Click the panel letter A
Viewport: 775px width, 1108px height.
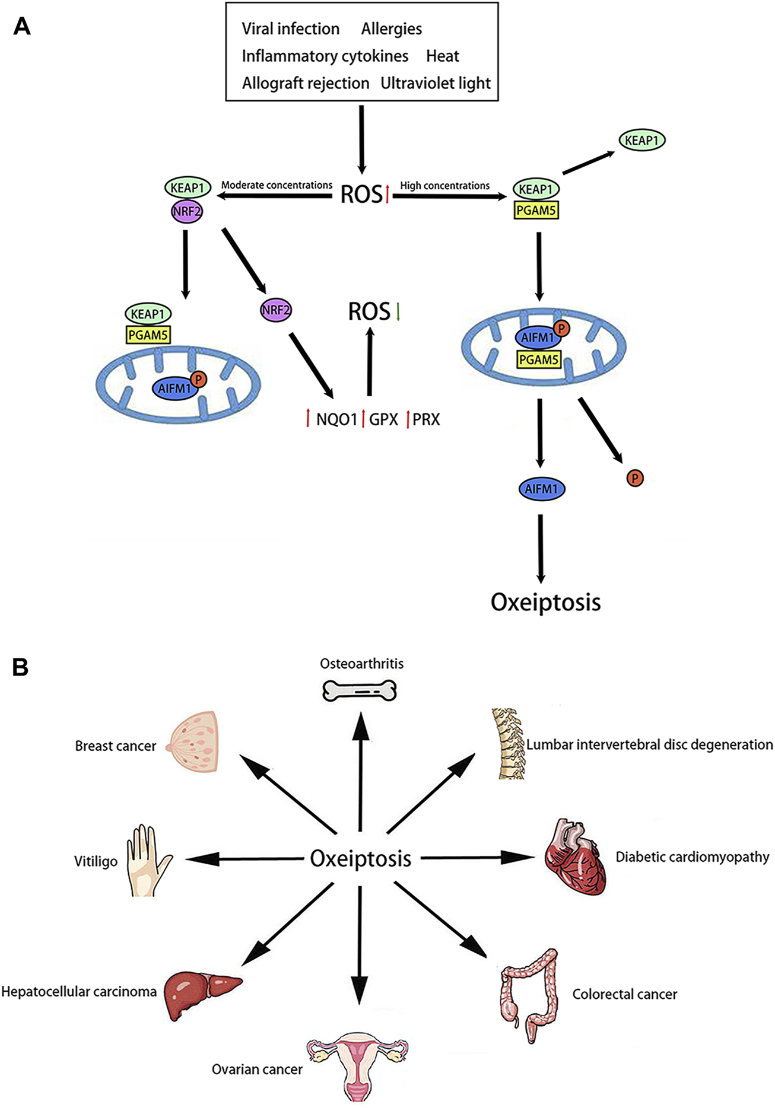(21, 26)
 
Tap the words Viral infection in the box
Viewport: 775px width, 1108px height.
(290, 28)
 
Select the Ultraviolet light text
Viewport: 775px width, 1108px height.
(436, 83)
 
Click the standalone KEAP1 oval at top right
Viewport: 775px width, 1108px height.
(641, 141)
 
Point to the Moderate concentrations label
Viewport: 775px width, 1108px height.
(277, 185)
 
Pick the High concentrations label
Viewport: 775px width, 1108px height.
(444, 186)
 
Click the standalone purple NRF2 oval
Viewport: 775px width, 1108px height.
(276, 310)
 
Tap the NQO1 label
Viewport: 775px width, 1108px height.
(336, 420)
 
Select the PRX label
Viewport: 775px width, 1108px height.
(426, 420)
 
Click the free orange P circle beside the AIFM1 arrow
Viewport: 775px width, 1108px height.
(635, 478)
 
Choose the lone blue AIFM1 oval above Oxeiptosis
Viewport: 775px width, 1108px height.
(541, 489)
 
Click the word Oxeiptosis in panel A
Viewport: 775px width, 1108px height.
(545, 602)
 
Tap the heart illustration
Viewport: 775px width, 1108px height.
(575, 857)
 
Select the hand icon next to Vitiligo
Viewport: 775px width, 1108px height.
(146, 859)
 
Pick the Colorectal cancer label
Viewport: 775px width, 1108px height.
(624, 995)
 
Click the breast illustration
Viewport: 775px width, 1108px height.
(194, 742)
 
